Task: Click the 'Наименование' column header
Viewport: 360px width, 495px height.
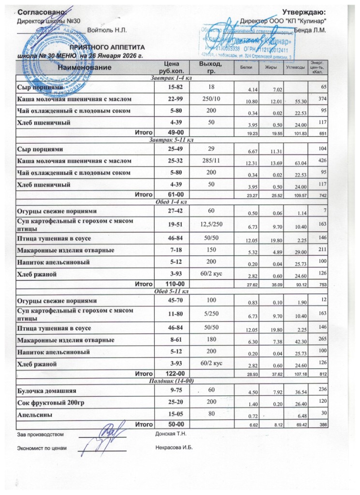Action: (85, 69)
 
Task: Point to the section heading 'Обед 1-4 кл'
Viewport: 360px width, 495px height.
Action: (172, 202)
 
